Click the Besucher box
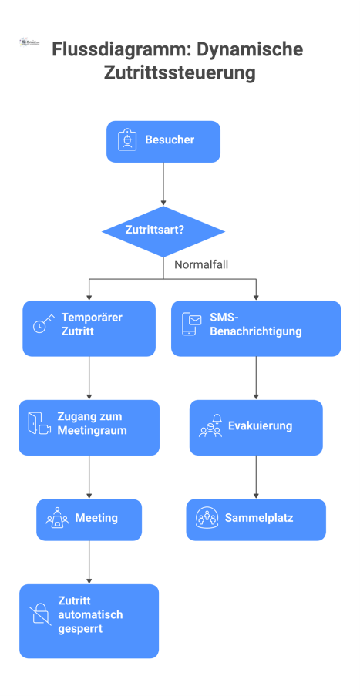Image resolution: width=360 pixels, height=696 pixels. pyautogui.click(x=163, y=141)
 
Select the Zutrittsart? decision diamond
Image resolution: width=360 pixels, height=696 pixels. pyautogui.click(x=163, y=230)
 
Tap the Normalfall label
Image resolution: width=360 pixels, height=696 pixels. pyautogui.click(x=200, y=264)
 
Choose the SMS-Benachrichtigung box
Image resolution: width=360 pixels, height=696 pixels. pyautogui.click(x=255, y=328)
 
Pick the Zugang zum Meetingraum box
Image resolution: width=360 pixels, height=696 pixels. pyautogui.click(x=89, y=426)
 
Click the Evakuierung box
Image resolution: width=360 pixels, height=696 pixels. pyautogui.click(x=255, y=426)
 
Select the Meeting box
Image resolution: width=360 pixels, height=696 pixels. pyautogui.click(x=89, y=519)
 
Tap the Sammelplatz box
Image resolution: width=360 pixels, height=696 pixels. pyautogui.click(x=255, y=519)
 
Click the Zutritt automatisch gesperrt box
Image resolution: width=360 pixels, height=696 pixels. pyautogui.click(x=89, y=620)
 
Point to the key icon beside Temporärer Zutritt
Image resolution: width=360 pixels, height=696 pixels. pyautogui.click(x=43, y=324)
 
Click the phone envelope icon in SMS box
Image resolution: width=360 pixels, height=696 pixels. pyautogui.click(x=190, y=324)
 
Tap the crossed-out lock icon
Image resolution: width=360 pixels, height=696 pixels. pyautogui.click(x=40, y=614)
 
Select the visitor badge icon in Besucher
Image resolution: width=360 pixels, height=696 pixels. pyautogui.click(x=126, y=140)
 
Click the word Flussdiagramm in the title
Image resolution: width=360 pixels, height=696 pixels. pyautogui.click(x=105, y=50)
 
